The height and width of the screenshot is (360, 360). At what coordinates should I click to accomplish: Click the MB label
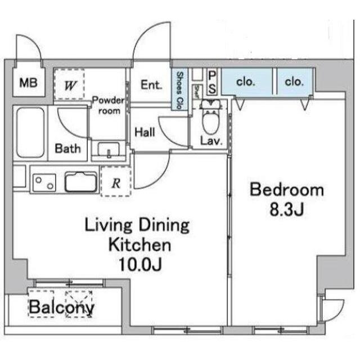(29, 83)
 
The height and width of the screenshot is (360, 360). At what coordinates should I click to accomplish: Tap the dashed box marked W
(69, 84)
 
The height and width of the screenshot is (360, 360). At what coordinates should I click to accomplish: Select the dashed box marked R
(116, 182)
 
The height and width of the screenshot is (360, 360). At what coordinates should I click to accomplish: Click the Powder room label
(109, 106)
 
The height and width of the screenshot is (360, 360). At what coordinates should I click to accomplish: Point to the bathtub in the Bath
(30, 133)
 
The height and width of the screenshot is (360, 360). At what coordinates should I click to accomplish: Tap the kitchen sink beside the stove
(81, 182)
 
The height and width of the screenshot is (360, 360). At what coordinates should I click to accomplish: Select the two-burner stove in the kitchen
(44, 182)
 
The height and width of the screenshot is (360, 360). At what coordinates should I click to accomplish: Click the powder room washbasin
(109, 150)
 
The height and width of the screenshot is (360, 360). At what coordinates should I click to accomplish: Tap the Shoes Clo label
(179, 91)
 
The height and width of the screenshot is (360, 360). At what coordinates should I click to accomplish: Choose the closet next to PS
(247, 82)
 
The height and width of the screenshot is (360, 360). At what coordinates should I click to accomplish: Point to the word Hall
(145, 132)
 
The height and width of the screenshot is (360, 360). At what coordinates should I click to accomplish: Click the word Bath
(67, 148)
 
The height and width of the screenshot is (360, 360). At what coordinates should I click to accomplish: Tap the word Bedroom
(287, 190)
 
